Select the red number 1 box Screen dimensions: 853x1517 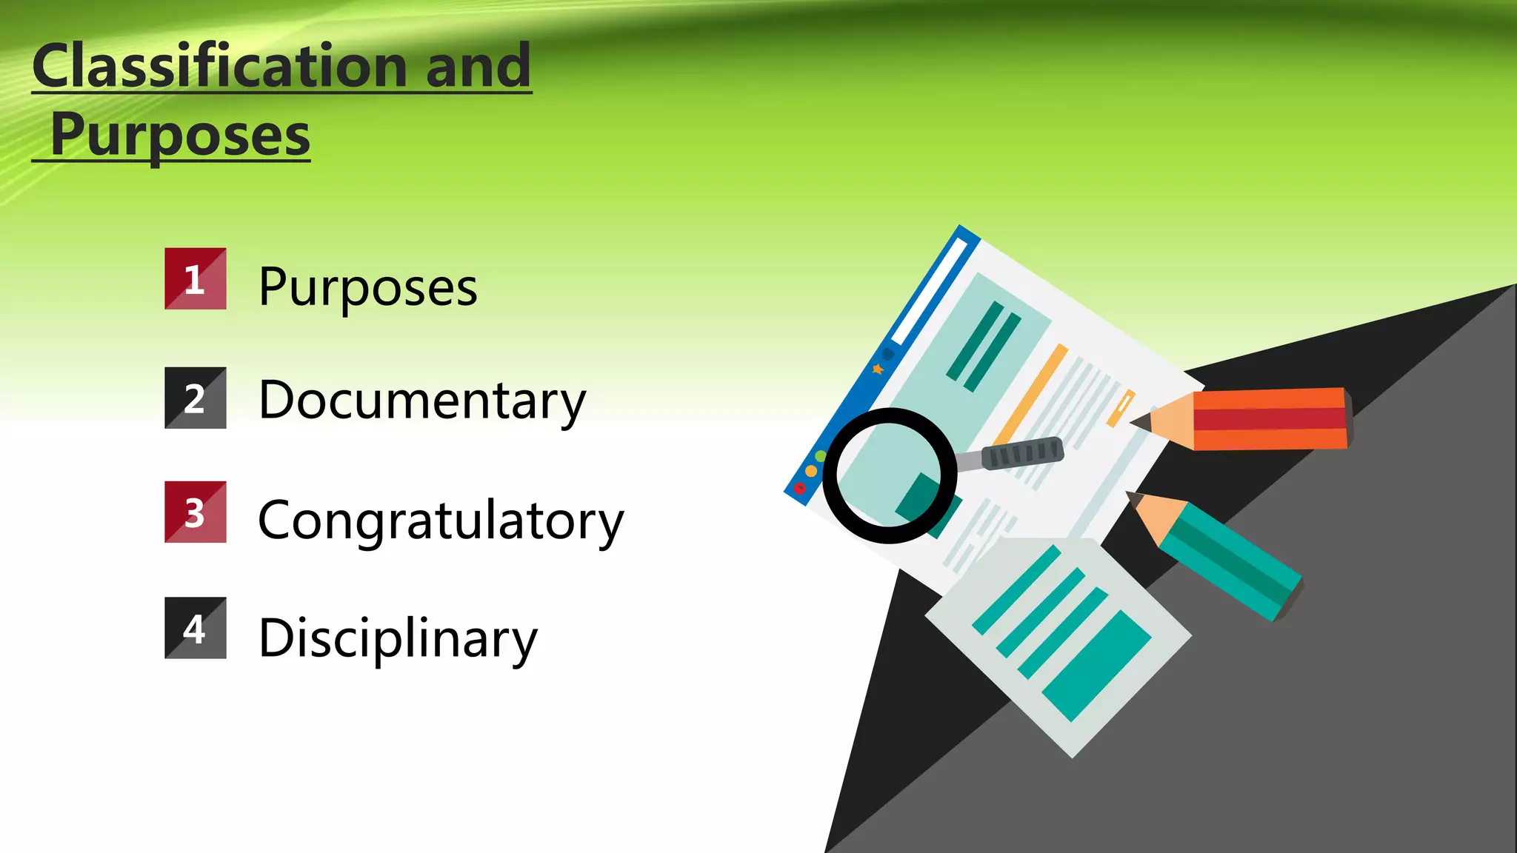[x=195, y=279]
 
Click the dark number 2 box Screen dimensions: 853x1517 [x=195, y=398]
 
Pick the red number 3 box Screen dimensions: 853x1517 [x=195, y=512]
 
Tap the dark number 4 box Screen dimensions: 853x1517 [x=195, y=628]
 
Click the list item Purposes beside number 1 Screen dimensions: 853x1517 [x=367, y=287]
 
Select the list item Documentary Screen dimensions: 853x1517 [x=421, y=401]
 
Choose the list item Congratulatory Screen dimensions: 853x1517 [x=441, y=521]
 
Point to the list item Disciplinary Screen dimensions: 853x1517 [x=398, y=638]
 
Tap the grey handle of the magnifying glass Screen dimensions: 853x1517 [x=1022, y=452]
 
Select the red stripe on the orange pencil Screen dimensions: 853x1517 [x=1270, y=418]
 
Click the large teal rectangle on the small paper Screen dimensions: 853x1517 [x=1096, y=665]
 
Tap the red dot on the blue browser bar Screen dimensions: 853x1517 [x=800, y=489]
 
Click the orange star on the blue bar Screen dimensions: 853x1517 [x=878, y=369]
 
